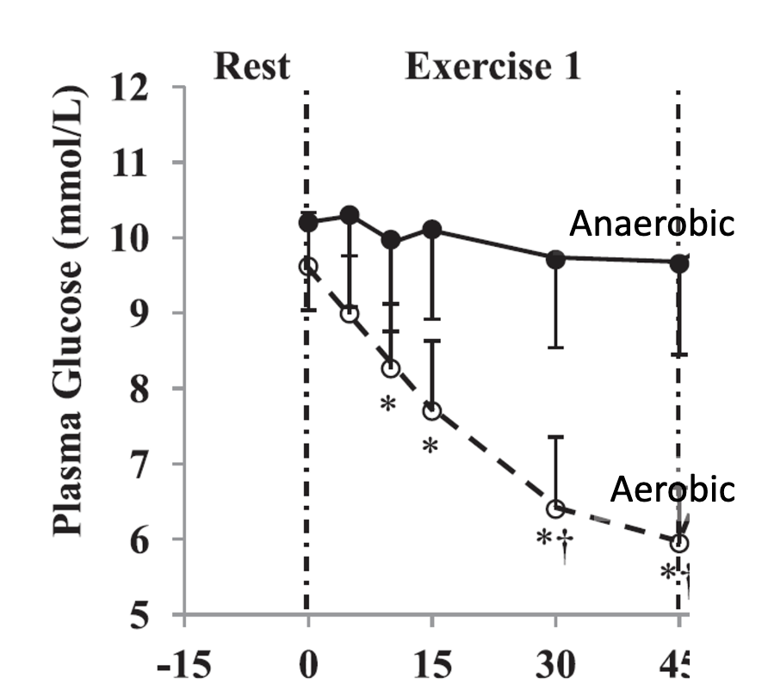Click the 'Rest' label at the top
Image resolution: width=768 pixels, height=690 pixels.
(251, 66)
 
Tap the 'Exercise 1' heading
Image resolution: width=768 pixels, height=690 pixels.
(492, 66)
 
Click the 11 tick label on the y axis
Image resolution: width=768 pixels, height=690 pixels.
(139, 163)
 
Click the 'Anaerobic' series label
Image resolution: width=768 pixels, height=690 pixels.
(652, 225)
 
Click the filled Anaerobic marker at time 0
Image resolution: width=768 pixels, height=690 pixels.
(308, 223)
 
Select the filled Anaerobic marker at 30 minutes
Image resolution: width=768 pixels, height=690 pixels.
(556, 258)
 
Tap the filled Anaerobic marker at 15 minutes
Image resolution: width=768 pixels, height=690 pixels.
(432, 230)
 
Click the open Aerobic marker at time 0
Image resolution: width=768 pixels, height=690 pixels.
(308, 267)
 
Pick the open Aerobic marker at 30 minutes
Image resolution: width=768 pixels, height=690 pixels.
(556, 508)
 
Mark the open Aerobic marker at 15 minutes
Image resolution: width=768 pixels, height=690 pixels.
(432, 410)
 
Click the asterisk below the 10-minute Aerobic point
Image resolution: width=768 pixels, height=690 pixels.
(387, 404)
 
